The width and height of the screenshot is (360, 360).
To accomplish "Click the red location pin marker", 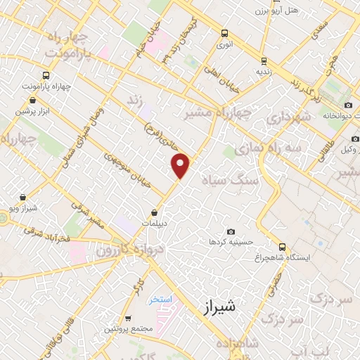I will [x=181, y=165].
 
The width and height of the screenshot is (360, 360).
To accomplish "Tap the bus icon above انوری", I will [x=224, y=33].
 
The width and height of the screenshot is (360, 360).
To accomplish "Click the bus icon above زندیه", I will [x=264, y=60].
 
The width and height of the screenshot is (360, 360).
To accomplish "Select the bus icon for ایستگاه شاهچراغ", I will [x=282, y=247].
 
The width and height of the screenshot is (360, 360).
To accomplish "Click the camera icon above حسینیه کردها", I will [x=231, y=231].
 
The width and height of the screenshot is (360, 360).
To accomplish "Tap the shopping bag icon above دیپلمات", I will [x=155, y=212].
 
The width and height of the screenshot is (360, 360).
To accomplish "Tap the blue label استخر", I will [x=160, y=300].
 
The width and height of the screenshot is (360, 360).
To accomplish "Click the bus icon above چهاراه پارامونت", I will [x=46, y=76].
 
